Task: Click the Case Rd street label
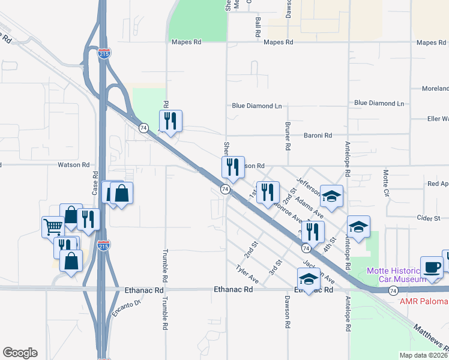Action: tap(95, 179)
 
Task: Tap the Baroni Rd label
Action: tap(318, 136)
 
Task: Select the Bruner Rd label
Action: tap(288, 137)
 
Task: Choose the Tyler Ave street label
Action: tap(247, 275)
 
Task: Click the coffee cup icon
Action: tap(432, 266)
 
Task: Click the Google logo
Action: tap(20, 353)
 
